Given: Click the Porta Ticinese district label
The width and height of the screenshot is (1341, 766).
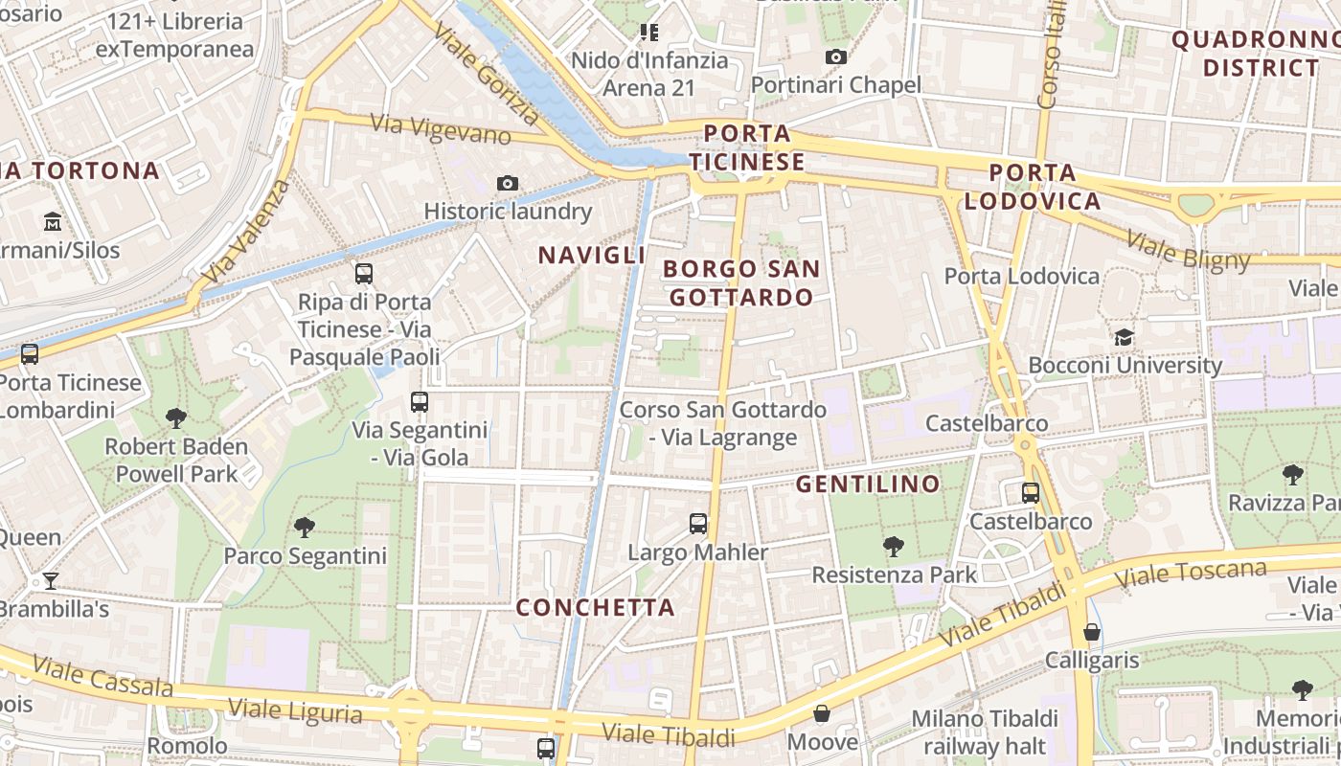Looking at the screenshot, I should coord(747,147).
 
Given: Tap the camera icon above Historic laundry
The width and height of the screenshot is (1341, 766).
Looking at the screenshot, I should coord(508,183).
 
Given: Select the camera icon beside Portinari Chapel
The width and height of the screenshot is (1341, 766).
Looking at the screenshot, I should coord(836,57).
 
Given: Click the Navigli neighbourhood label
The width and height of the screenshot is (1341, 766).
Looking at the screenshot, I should coord(591,255).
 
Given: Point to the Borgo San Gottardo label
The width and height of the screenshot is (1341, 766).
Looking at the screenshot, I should coord(741,282).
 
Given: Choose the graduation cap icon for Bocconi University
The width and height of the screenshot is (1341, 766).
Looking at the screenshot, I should coord(1124,337).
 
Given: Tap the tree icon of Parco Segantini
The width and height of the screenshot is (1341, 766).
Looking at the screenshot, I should coord(305,527).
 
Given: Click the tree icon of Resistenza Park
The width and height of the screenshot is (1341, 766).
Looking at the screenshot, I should coord(894,547).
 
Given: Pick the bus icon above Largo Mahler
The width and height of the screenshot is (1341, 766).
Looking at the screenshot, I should coord(698,524).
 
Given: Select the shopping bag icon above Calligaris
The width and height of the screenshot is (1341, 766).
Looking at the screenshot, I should coord(1091,632).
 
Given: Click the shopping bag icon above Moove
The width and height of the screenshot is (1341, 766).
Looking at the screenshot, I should coord(822,713).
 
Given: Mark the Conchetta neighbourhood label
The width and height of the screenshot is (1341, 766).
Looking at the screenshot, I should coord(595,607).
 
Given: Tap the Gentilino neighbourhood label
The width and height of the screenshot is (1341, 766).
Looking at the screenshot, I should coord(868,484).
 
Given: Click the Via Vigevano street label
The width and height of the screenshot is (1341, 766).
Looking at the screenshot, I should coord(441,129).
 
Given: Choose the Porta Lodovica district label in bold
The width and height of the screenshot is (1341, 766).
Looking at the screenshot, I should coord(1032,187).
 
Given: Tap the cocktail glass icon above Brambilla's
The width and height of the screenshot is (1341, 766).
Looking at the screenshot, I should coord(50,580).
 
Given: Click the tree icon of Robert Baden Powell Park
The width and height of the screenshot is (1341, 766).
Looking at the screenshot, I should coord(175,417).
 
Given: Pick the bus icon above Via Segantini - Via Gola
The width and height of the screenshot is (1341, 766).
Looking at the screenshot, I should coord(420,402).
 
